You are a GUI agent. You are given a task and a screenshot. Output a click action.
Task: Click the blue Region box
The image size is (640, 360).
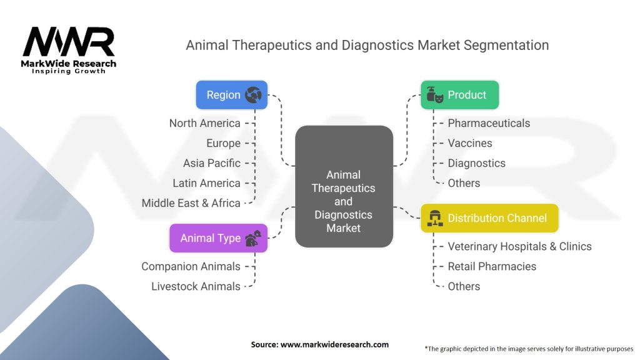click(231, 95)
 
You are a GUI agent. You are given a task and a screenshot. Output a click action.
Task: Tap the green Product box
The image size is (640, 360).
click(459, 95)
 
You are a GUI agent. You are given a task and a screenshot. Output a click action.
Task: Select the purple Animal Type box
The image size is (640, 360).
click(218, 238)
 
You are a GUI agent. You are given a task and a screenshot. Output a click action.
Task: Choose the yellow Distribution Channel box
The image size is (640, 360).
click(489, 218)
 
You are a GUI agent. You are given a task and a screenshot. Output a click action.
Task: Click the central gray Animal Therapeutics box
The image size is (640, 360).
click(344, 186)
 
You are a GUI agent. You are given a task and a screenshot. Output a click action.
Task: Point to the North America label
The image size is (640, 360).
click(204, 123)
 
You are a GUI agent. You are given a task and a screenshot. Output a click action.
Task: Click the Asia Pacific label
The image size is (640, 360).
click(211, 163)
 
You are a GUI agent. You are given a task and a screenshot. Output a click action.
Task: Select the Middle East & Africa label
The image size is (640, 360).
click(191, 203)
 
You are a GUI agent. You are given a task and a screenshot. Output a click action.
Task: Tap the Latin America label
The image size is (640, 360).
click(206, 183)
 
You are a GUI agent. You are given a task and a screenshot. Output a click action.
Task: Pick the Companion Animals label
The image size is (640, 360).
click(191, 266)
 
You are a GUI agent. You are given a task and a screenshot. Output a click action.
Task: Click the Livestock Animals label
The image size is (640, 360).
click(196, 286)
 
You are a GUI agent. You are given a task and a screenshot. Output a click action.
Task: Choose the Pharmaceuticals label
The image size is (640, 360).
click(489, 123)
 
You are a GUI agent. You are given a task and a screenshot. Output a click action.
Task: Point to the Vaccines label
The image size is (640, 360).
click(470, 143)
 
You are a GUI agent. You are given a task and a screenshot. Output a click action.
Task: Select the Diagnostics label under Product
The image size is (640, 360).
click(476, 163)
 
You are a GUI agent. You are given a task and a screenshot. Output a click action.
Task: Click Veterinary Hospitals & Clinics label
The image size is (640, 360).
click(519, 246)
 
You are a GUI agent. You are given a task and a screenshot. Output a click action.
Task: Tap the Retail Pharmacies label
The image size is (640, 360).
click(492, 266)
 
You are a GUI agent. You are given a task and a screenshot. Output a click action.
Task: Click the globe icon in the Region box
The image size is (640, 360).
click(254, 95)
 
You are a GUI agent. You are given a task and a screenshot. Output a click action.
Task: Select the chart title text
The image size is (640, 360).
click(367, 45)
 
